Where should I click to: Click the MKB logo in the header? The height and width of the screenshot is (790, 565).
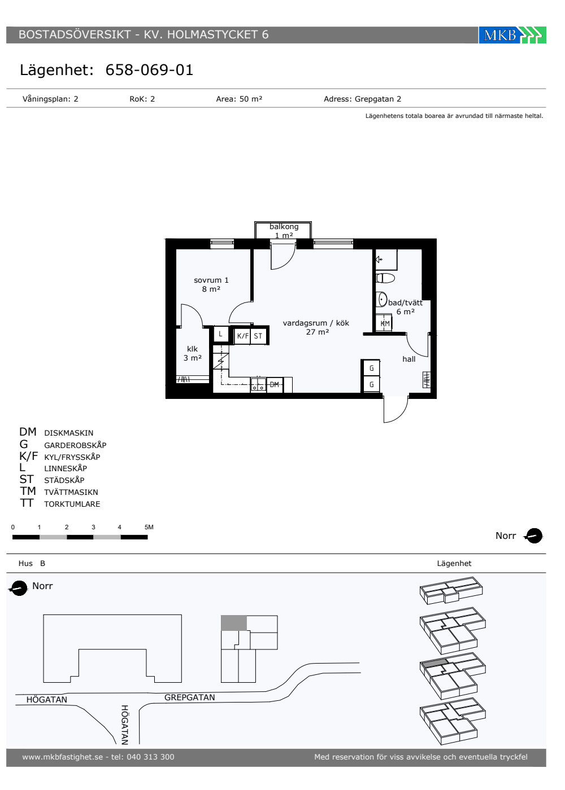click(512, 35)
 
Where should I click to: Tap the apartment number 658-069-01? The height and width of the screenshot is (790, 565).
click(149, 70)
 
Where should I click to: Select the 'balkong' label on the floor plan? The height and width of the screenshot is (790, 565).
click(284, 226)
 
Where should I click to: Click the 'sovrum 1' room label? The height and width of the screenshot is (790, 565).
click(211, 280)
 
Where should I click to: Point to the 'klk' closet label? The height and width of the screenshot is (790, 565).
click(192, 349)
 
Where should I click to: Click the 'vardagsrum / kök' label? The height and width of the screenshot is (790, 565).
click(316, 323)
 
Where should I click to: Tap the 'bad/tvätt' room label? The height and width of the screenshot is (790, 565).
click(406, 302)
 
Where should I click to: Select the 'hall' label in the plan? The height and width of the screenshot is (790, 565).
click(408, 359)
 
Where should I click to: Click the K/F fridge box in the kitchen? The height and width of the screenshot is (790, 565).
click(242, 336)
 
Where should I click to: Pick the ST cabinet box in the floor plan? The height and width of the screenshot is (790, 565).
click(258, 336)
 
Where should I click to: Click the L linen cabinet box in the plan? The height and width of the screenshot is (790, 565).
click(221, 333)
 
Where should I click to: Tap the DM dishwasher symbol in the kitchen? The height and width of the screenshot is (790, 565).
click(275, 384)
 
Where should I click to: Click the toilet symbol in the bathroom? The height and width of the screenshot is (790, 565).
click(385, 278)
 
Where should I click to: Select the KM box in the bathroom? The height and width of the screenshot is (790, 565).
click(384, 323)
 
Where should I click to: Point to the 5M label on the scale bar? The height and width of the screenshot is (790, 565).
click(149, 527)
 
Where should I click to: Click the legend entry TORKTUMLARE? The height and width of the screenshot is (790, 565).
click(72, 504)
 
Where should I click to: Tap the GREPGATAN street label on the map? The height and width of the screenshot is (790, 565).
click(190, 697)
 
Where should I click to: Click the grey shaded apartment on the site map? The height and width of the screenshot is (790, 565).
click(234, 623)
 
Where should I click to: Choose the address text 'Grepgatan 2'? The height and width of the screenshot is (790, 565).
click(378, 99)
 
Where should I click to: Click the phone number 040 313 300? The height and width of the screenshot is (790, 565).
click(150, 757)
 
